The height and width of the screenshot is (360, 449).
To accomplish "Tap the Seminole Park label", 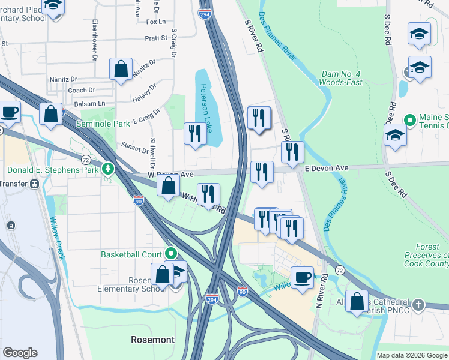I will pos(103,124).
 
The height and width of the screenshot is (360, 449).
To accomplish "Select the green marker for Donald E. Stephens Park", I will pos(108,169).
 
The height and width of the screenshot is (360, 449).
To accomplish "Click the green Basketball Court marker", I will pos(170,254).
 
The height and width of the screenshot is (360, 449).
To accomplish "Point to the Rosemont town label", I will pos(153,340).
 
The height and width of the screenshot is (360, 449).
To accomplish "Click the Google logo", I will pos(20,353).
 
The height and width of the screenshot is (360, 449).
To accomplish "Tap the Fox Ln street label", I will pos(155,22).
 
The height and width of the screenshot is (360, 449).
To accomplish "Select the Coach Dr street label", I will pos(82,90).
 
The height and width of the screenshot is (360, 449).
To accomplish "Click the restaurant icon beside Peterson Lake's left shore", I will pos(194,134).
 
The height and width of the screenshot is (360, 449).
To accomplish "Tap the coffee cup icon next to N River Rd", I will pos(302,277).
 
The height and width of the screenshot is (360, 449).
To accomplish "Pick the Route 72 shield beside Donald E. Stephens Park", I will pos(86,160).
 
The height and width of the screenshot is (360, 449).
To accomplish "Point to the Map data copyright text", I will pos(412,355).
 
